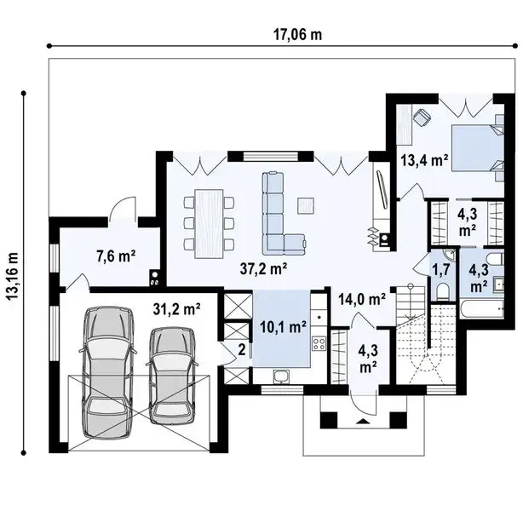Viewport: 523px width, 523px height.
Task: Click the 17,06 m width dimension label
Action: coord(298,35)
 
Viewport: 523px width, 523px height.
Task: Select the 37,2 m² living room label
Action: coord(263,268)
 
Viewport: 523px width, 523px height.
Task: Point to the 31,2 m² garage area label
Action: coord(176,309)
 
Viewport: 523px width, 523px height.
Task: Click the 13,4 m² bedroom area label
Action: coord(424,160)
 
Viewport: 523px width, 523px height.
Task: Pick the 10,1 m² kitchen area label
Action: coord(283,327)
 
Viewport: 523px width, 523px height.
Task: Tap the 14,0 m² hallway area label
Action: coord(362,299)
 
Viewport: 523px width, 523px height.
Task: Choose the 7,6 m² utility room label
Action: coord(116,256)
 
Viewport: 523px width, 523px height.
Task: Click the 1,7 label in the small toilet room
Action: coord(441,269)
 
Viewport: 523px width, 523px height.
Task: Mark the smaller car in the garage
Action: coord(172,376)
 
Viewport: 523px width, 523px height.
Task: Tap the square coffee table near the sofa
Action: coord(306,205)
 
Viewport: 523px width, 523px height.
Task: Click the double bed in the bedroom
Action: coord(478,148)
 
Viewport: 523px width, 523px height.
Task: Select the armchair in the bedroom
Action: coord(422,118)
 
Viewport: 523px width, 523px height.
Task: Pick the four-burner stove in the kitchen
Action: coord(319,343)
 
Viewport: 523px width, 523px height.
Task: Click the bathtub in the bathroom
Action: coord(482,309)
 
